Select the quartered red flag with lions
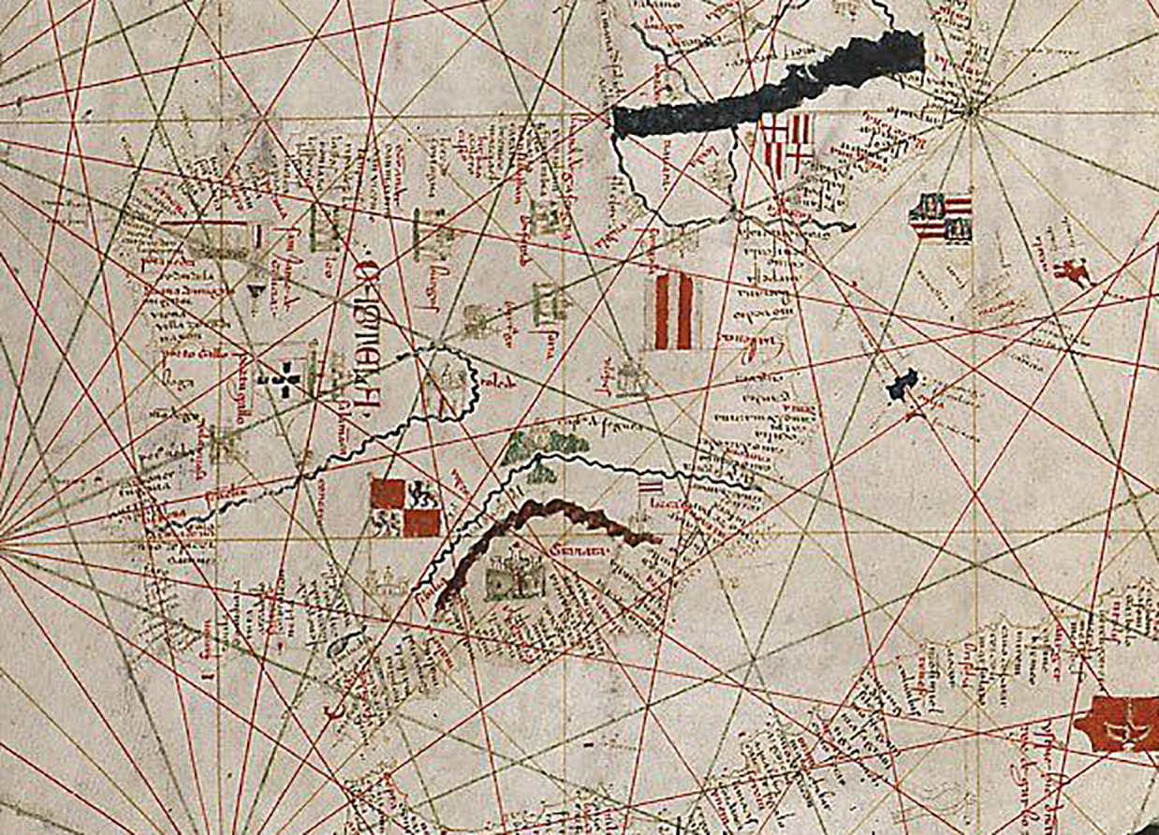pos(405,507)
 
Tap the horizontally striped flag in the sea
pos(940,217)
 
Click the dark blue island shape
pos(902,383)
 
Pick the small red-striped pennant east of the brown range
pos(649,488)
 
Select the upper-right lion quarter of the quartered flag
pos(422,492)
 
